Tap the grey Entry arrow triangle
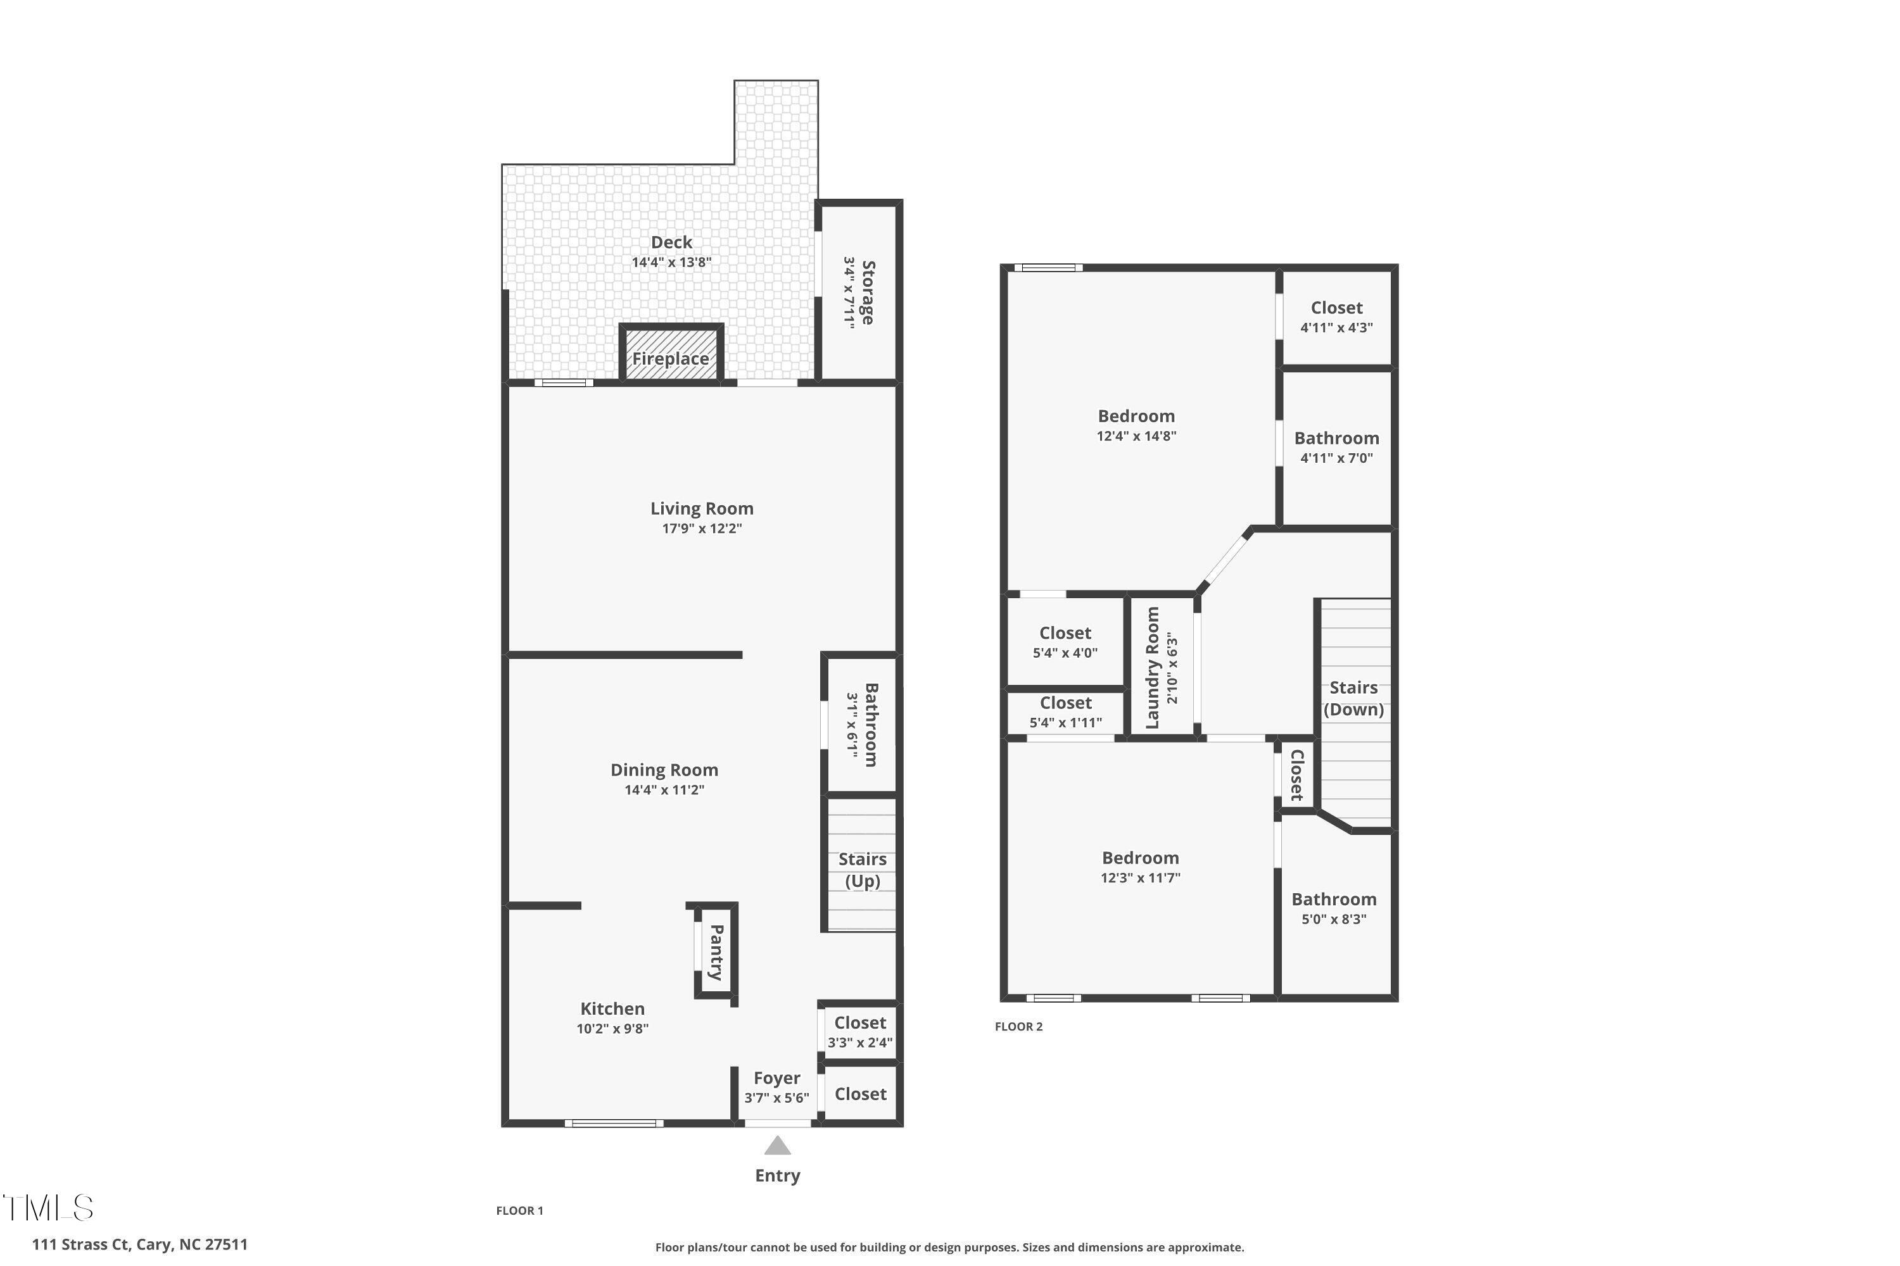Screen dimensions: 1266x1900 (x=777, y=1146)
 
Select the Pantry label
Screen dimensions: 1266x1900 (x=716, y=953)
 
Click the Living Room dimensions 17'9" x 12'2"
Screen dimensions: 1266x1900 (x=701, y=529)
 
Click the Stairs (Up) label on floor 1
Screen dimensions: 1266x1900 (x=862, y=870)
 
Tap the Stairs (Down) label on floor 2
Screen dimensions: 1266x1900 (x=1353, y=698)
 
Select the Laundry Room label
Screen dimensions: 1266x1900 (x=1153, y=668)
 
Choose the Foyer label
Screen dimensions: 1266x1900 (x=776, y=1078)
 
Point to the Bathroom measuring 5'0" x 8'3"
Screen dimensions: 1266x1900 (x=1334, y=908)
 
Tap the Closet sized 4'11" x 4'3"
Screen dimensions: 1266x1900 (x=1336, y=316)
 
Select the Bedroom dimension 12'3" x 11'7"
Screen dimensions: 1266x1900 (x=1140, y=877)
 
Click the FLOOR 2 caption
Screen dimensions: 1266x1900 (x=1018, y=1026)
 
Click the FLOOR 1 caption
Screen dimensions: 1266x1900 (x=519, y=1210)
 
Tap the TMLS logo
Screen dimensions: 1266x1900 (x=49, y=1208)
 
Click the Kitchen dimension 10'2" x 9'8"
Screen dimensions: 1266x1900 (x=612, y=1029)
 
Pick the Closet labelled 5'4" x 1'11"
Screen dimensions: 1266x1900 (x=1065, y=711)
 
